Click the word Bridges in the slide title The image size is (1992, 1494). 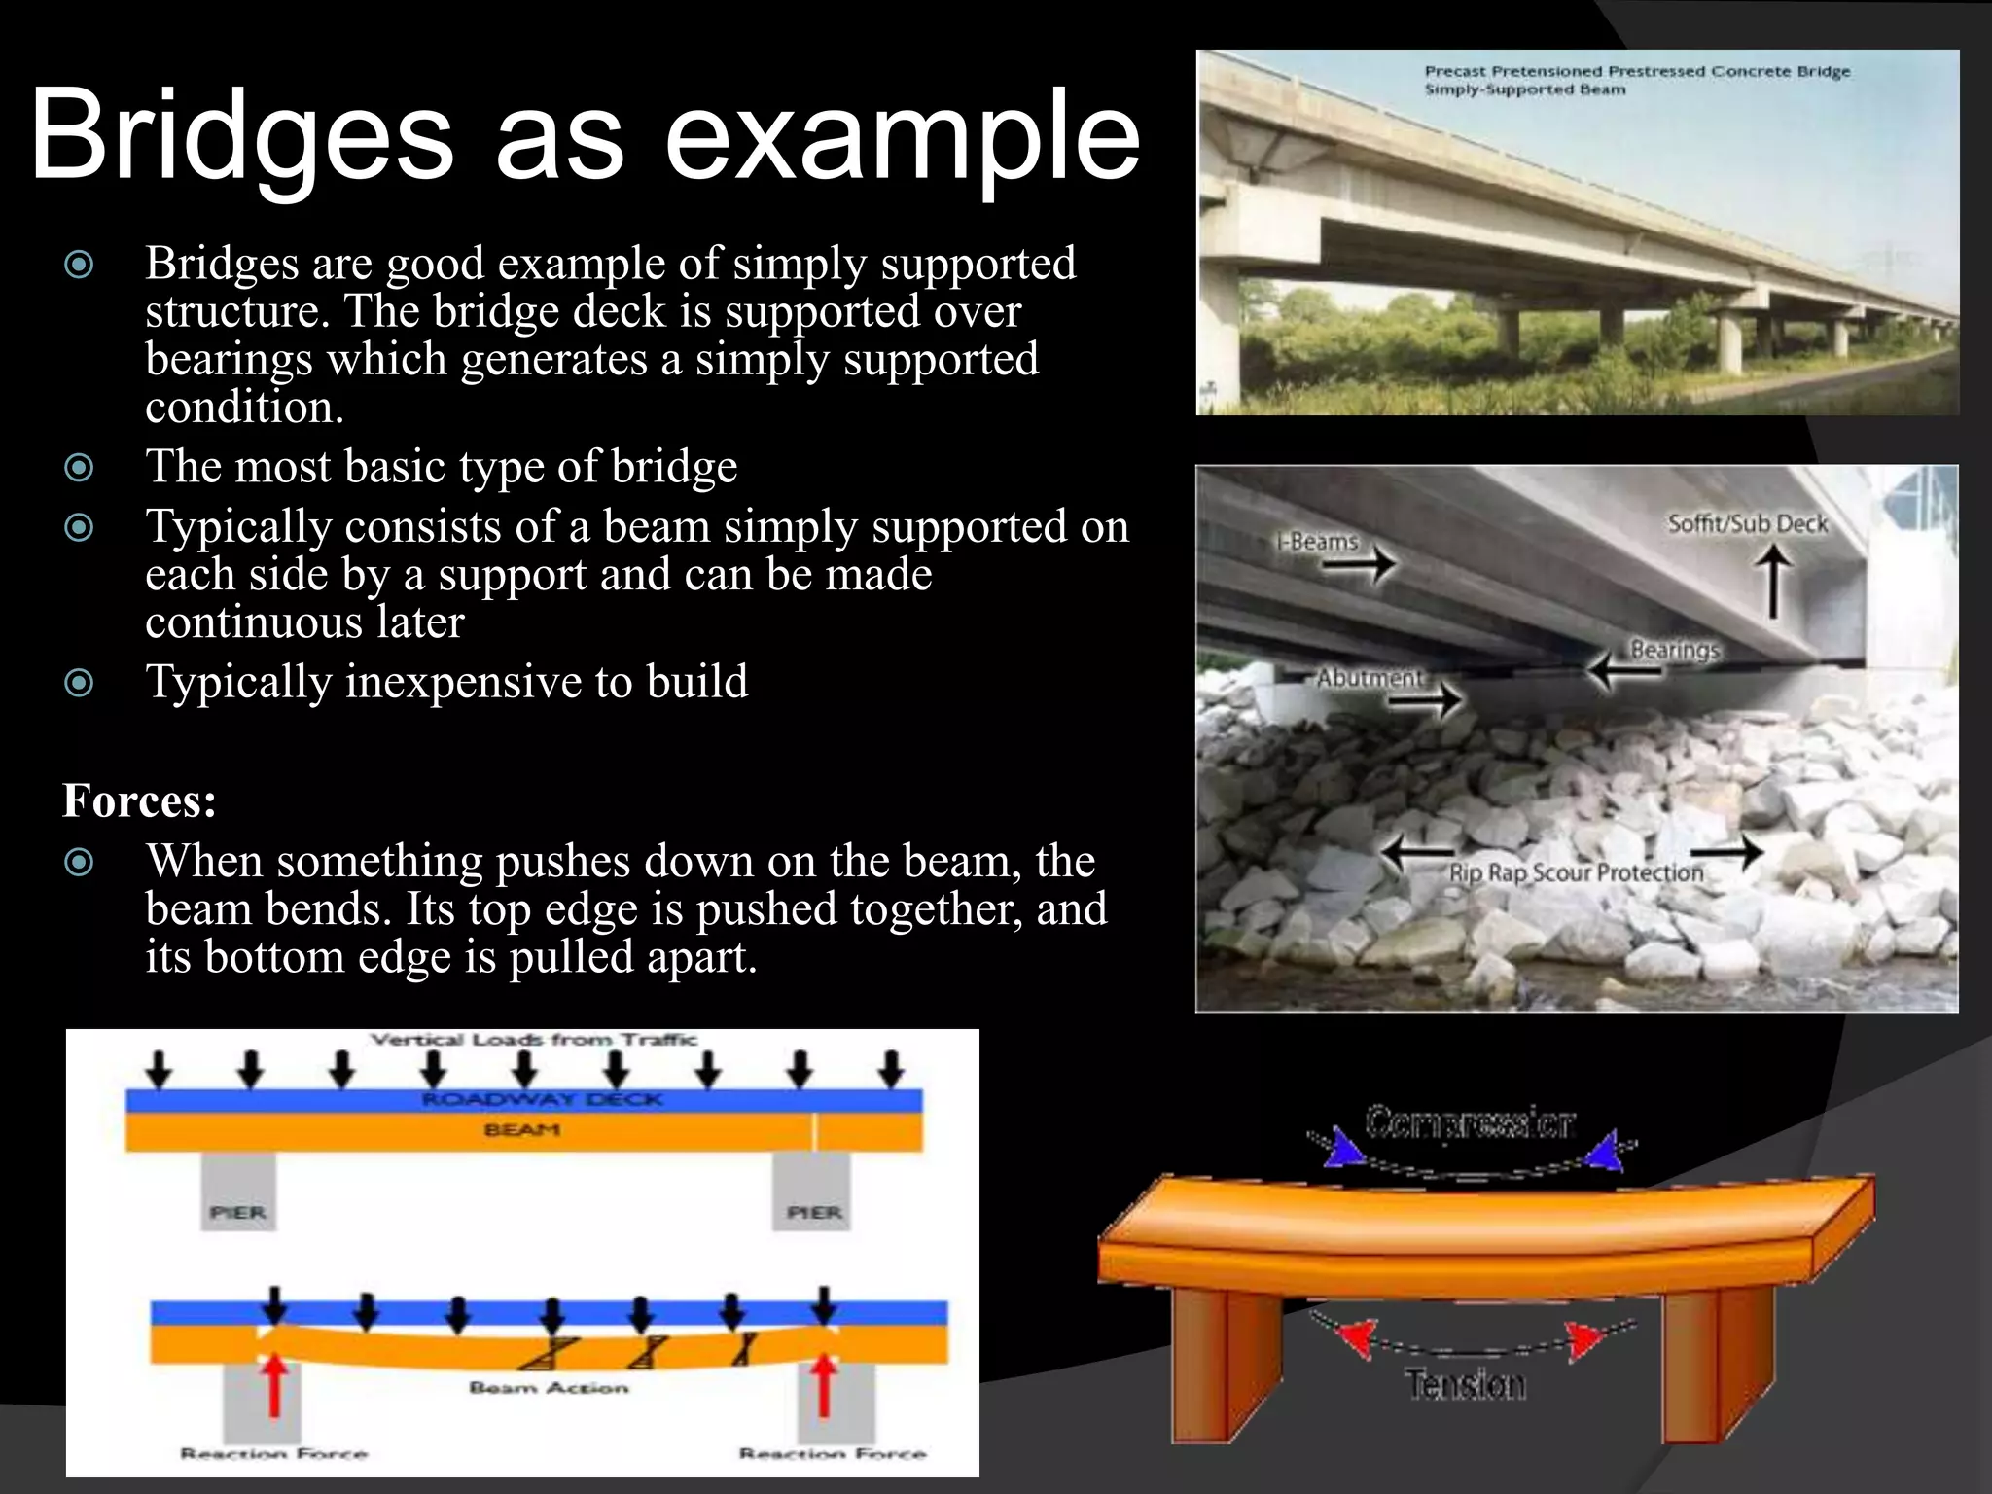[x=241, y=136]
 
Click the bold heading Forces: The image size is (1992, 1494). [x=139, y=801]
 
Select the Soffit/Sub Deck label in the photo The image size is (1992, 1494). [x=1748, y=523]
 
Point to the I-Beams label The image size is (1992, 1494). [x=1317, y=541]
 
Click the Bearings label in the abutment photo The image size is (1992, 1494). [x=1675, y=649]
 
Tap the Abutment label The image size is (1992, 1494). [x=1369, y=677]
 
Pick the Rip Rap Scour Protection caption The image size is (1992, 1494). [x=1576, y=872]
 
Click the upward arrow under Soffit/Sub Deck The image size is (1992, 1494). [x=1773, y=580]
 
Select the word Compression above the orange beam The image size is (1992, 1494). [x=1469, y=1122]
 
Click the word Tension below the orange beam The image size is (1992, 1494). [x=1465, y=1383]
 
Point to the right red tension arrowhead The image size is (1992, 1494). [x=1585, y=1339]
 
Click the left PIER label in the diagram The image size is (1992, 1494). [x=238, y=1212]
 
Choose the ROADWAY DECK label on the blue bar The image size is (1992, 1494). [x=542, y=1100]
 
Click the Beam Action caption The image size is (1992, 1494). [x=549, y=1387]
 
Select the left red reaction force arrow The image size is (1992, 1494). [x=275, y=1385]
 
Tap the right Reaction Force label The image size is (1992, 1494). [x=833, y=1454]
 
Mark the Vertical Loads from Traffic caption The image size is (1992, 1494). [x=534, y=1040]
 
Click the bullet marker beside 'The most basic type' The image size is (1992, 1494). [x=79, y=468]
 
